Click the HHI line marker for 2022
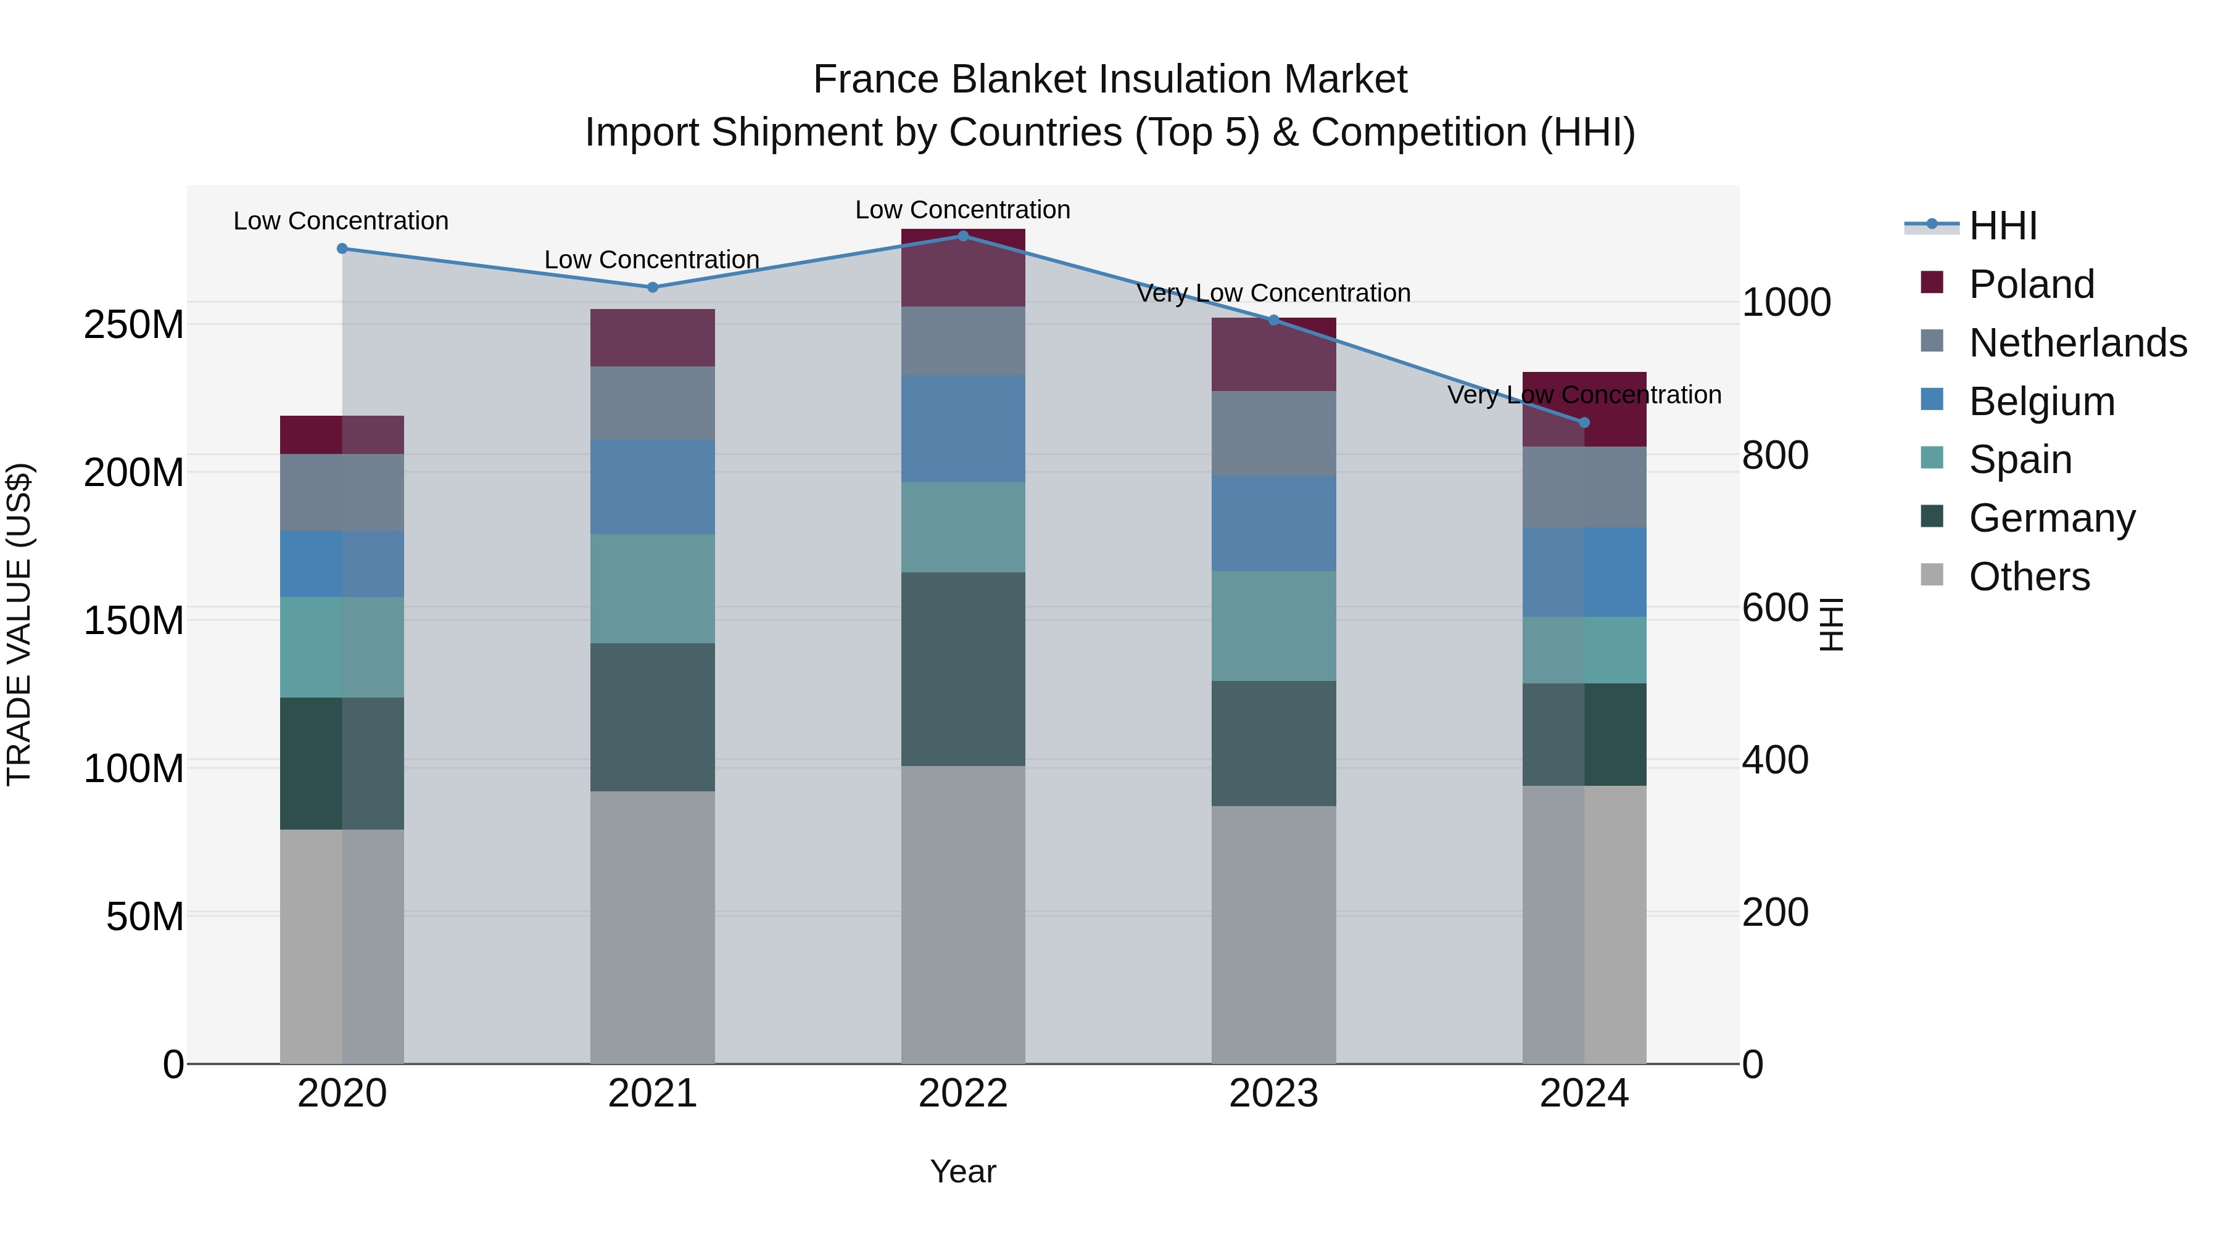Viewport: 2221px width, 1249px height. click(x=963, y=236)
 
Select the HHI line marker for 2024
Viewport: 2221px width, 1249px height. click(x=1584, y=423)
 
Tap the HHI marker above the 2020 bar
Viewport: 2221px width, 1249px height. click(x=342, y=248)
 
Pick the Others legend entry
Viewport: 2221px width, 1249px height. click(x=2029, y=577)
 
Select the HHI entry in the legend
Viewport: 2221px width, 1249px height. click(x=2003, y=226)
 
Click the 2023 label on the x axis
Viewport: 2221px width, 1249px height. click(x=1273, y=1094)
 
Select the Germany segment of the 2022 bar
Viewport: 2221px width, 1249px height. click(x=963, y=669)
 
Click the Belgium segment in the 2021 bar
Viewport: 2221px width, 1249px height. click(x=653, y=487)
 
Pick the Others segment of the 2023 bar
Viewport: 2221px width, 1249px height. click(x=1273, y=934)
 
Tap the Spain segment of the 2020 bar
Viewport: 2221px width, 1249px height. click(x=342, y=648)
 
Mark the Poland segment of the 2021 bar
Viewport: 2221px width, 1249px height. click(x=653, y=338)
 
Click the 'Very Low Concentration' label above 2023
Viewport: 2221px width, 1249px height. click(x=1273, y=293)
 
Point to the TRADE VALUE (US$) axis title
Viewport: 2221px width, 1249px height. click(x=19, y=624)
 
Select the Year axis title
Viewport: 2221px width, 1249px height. click(x=963, y=1171)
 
